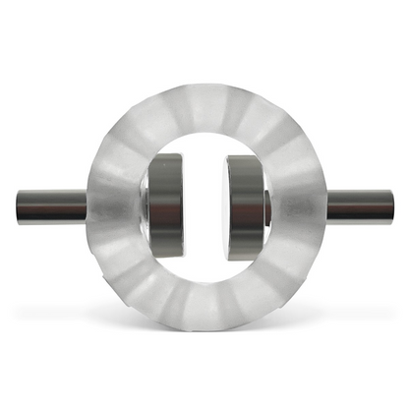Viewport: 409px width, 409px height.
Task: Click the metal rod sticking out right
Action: pos(360,206)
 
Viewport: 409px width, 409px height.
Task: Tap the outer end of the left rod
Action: pos(18,206)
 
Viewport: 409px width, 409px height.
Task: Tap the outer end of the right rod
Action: pos(391,206)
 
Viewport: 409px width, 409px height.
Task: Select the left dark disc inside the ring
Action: pos(165,206)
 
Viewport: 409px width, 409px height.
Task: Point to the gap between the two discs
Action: pos(205,206)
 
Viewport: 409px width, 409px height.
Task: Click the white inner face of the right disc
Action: pos(231,206)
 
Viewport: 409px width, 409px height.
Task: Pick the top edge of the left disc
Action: pos(165,155)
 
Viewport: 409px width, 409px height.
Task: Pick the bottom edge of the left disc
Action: pos(165,260)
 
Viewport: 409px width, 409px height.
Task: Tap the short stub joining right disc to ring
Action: pos(268,206)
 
